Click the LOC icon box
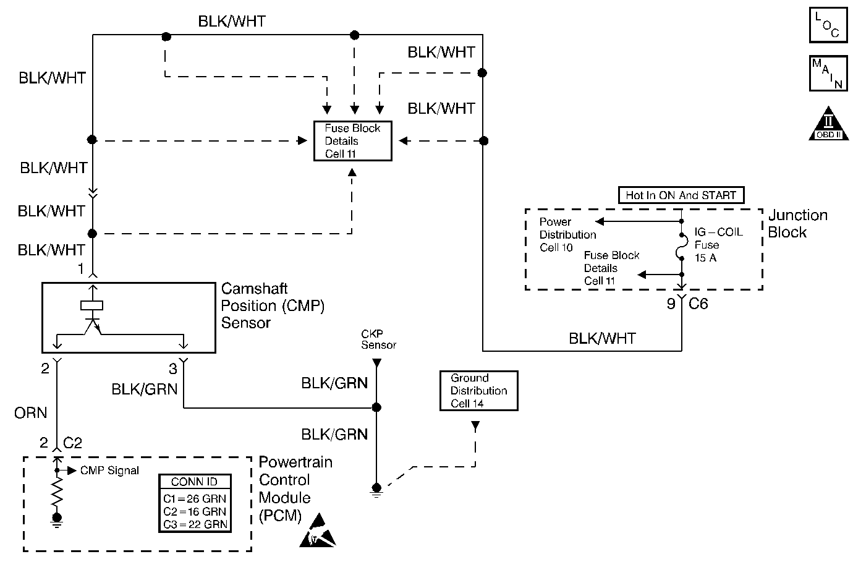click(828, 25)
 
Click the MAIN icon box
click(828, 74)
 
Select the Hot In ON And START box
click(681, 195)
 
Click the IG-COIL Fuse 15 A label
click(718, 245)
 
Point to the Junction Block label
click(797, 224)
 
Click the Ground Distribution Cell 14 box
click(478, 391)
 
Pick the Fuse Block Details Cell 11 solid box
click(353, 142)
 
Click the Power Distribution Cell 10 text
click(567, 235)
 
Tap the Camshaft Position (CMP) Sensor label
click(273, 305)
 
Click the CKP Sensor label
click(378, 339)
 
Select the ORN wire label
click(31, 412)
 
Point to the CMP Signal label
click(109, 471)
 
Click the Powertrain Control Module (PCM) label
click(295, 488)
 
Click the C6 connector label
click(698, 304)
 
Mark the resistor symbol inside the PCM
click(57, 493)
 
